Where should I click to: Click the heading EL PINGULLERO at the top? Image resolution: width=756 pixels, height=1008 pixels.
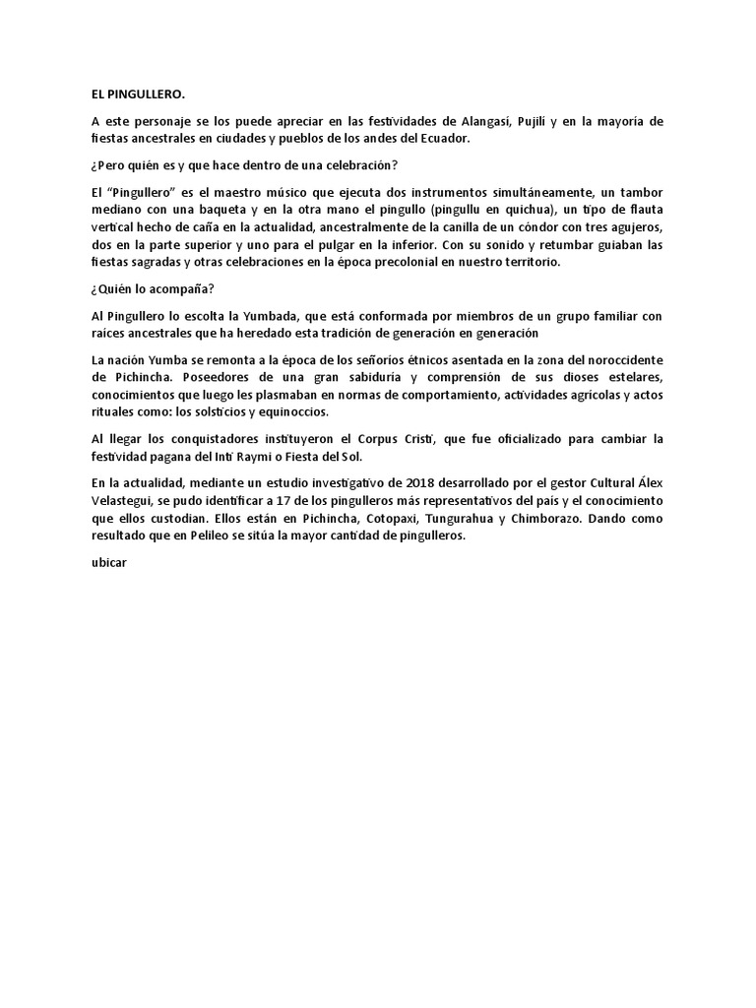point(137,95)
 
